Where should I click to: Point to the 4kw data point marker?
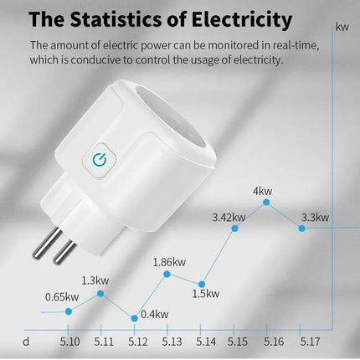click(x=267, y=202)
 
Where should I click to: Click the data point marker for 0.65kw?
click(x=69, y=311)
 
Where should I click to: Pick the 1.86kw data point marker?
click(x=167, y=274)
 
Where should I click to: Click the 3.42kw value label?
click(x=229, y=218)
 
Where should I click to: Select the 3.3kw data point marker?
click(x=301, y=227)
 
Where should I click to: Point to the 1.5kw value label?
click(x=205, y=294)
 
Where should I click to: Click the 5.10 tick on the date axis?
click(x=70, y=342)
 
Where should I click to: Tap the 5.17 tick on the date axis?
click(x=311, y=342)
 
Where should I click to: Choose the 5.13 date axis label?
click(x=172, y=342)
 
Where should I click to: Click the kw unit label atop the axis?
click(x=342, y=26)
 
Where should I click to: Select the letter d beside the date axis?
click(x=26, y=341)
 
